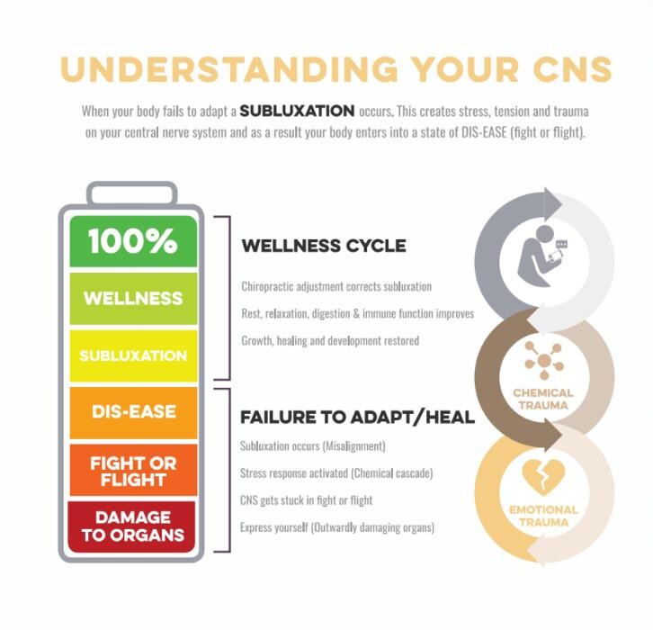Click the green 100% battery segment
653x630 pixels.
[x=133, y=241]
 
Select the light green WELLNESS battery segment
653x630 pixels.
[x=133, y=298]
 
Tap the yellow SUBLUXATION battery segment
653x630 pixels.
[x=133, y=355]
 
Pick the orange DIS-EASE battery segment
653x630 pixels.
[x=133, y=412]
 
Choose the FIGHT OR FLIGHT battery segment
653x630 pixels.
[x=133, y=470]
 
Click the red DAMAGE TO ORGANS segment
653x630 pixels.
[x=131, y=526]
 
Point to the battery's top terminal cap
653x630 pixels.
[x=132, y=193]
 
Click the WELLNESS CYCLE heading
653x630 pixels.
[x=324, y=246]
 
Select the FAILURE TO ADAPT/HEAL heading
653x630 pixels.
[x=357, y=417]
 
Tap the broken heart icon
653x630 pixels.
[x=543, y=478]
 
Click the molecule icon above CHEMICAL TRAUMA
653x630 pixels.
[x=544, y=361]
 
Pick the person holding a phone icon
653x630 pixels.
[x=541, y=256]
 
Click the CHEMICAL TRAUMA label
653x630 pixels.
[x=543, y=399]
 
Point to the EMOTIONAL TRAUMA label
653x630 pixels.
[x=543, y=516]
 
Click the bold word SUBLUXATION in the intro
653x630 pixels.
[x=298, y=111]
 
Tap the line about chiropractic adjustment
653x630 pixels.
[x=336, y=287]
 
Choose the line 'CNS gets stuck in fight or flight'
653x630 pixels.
[x=306, y=500]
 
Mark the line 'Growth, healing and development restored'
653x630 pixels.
[x=330, y=341]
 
